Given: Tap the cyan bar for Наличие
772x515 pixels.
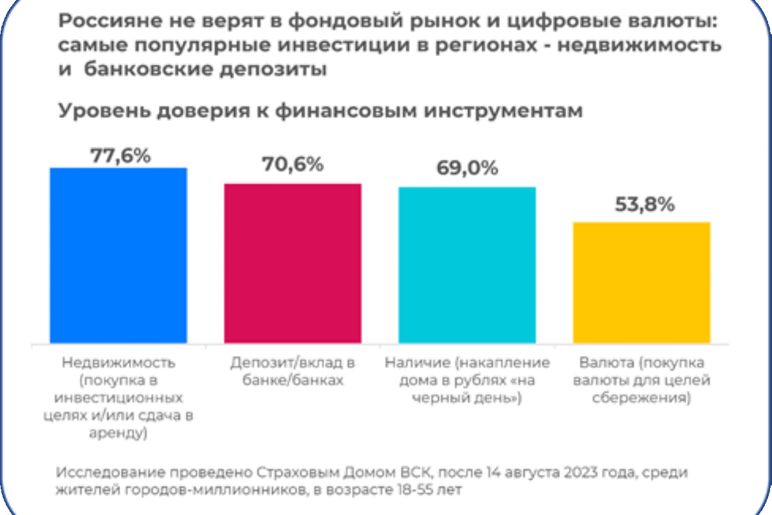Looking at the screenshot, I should click(x=467, y=265).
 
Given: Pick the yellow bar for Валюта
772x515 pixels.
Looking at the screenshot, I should click(x=641, y=282).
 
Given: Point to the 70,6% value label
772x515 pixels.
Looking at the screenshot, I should click(x=293, y=164).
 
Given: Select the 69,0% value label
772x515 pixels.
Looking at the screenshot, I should click(x=467, y=169).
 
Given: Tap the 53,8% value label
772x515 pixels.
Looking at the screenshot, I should click(x=641, y=205).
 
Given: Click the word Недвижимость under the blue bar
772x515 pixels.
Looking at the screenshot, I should click(x=118, y=362).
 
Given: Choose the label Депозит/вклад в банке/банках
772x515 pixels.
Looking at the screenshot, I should click(x=293, y=371).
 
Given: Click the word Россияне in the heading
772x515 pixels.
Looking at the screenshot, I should click(x=102, y=22).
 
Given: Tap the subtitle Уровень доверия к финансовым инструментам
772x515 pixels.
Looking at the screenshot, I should click(x=320, y=110).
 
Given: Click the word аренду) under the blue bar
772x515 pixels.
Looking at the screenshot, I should click(x=118, y=434).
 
